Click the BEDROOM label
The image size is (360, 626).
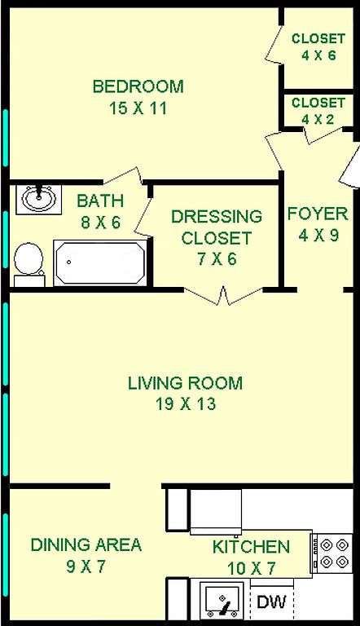[x=138, y=86]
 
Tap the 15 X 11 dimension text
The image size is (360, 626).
[x=138, y=108]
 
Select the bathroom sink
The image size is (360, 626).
[x=39, y=199]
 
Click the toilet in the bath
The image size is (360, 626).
[x=29, y=264]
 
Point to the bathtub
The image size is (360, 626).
[x=100, y=262]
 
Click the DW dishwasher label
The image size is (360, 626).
[x=272, y=602]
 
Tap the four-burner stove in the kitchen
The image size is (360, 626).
[x=332, y=553]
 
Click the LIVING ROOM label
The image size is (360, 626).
[x=185, y=383]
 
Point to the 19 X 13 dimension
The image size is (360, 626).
[x=186, y=404]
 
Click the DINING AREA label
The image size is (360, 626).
[x=86, y=544]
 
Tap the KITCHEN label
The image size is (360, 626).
[x=251, y=547]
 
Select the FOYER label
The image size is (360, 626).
[x=318, y=214]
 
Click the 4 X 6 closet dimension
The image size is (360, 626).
[x=318, y=55]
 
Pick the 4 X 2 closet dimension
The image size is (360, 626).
[x=318, y=119]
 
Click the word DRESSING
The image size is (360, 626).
[x=217, y=216]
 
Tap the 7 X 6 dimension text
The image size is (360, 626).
[x=217, y=259]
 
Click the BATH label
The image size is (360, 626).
[x=100, y=201]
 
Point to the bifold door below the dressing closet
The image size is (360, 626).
[x=223, y=295]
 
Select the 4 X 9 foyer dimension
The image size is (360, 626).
[x=318, y=235]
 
